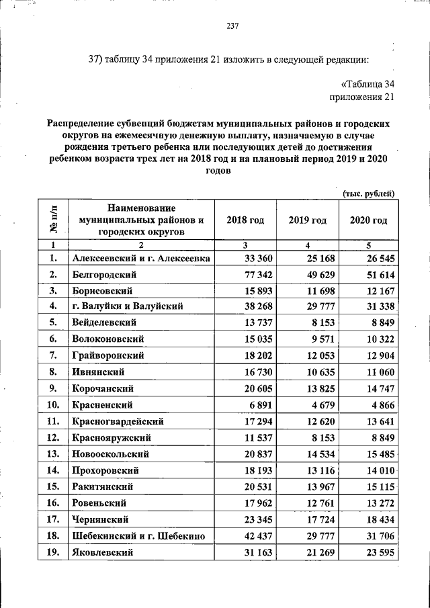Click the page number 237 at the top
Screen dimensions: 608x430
point(233,26)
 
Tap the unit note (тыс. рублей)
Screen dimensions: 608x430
point(368,193)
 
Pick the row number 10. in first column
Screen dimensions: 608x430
point(53,405)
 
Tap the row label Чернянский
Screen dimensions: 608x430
point(101,519)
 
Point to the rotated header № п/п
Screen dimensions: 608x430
point(53,220)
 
